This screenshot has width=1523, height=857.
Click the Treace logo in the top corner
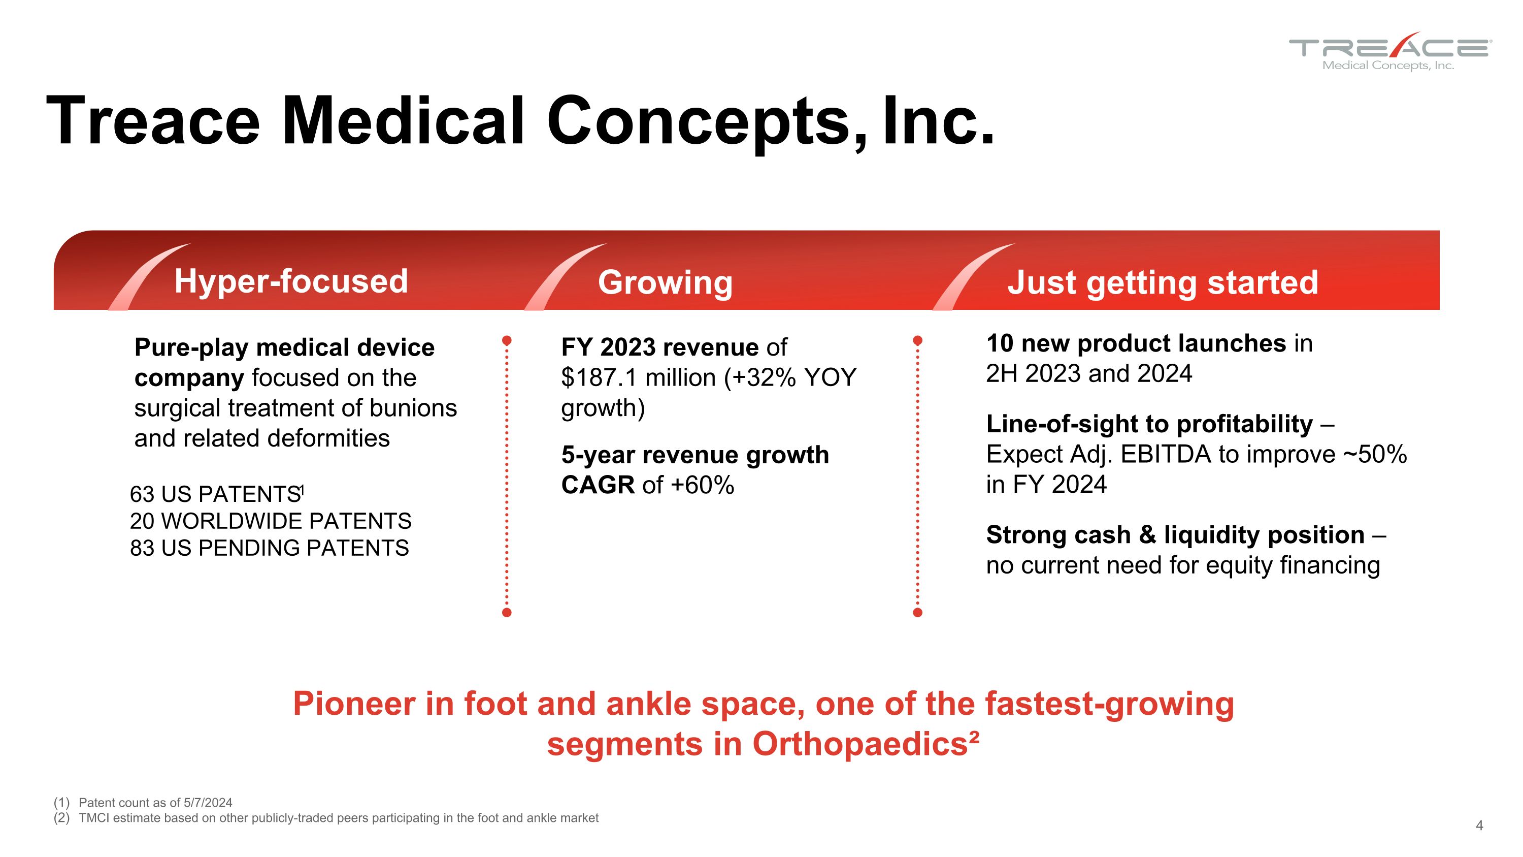(1390, 51)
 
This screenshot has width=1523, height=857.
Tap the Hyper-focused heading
(291, 281)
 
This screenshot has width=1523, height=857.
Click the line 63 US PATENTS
(216, 494)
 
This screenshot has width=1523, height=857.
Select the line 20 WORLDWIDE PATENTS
(271, 521)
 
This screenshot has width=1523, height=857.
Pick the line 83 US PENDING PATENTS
(270, 548)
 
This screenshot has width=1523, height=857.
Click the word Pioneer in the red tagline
(354, 704)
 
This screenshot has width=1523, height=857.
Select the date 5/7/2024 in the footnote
(208, 803)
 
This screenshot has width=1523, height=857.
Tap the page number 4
(1479, 826)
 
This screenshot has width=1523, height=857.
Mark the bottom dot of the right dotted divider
(917, 613)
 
